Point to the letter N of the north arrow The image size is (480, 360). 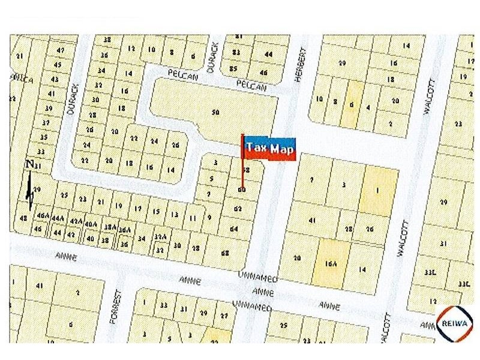point(29,163)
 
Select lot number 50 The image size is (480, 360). point(215,112)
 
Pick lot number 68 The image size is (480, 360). point(225,253)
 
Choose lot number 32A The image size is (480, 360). point(160,237)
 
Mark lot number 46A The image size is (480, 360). point(43,215)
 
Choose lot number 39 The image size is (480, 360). point(48,108)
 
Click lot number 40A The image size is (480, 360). point(91,224)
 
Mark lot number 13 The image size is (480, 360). point(175,214)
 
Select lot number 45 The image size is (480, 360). point(57,65)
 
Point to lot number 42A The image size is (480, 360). point(76,221)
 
